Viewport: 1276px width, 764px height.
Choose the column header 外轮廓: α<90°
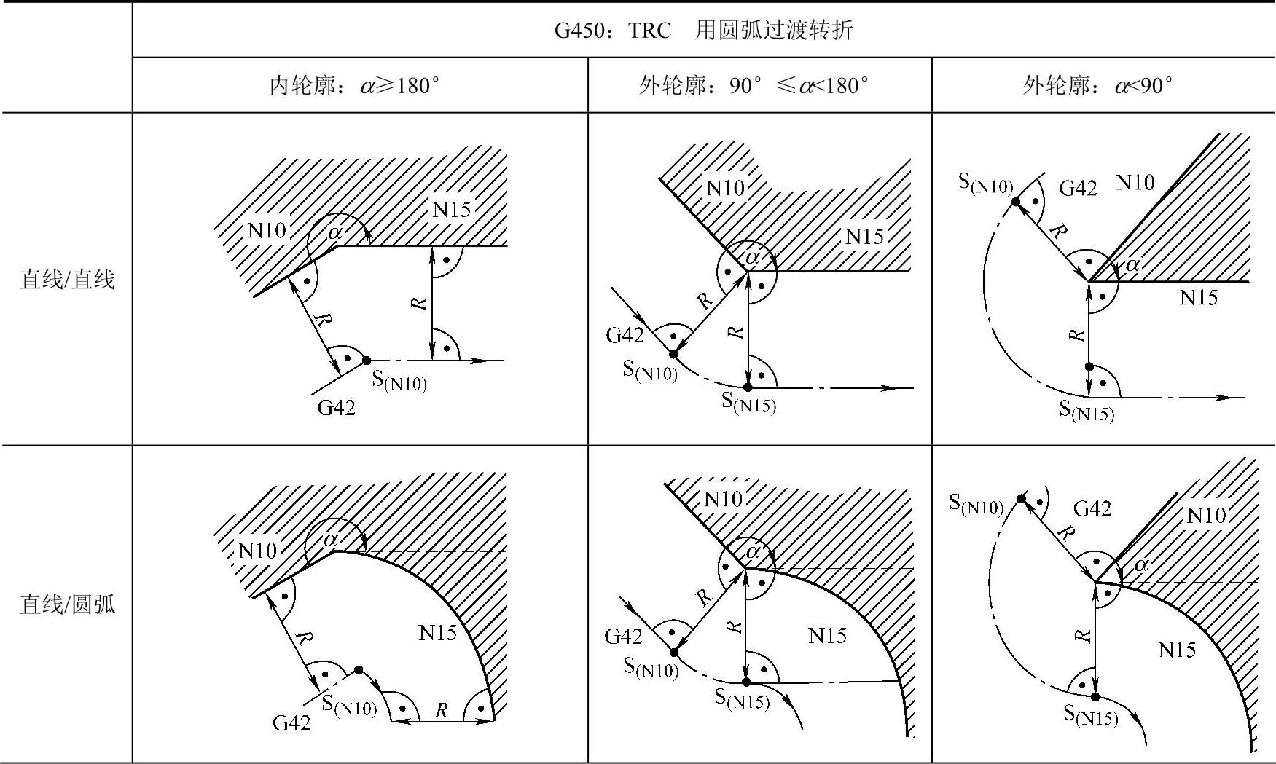point(1097,86)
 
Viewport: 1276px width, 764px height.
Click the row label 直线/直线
point(67,279)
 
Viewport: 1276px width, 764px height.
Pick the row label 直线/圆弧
point(67,604)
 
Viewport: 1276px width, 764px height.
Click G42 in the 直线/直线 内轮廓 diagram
point(336,407)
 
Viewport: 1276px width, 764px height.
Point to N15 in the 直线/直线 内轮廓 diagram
point(451,210)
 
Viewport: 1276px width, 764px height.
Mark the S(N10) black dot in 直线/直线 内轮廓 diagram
point(367,361)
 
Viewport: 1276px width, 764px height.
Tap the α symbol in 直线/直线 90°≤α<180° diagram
point(753,256)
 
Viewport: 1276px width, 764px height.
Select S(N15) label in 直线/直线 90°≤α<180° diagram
point(748,401)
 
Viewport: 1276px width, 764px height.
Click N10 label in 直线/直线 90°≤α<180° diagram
point(725,188)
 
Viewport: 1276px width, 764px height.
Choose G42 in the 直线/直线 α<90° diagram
point(1078,188)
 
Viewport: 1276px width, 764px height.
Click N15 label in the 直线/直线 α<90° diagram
point(1199,297)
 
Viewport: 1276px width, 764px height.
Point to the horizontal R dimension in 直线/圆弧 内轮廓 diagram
point(441,711)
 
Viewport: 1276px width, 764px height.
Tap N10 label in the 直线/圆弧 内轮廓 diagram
point(257,550)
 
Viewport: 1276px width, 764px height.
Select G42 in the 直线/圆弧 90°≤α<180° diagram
point(624,637)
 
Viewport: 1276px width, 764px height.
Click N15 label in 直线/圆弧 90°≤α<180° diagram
point(827,636)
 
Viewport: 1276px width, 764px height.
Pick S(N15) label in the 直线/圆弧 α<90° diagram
point(1090,714)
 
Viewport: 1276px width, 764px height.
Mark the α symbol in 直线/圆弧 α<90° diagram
point(1141,564)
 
